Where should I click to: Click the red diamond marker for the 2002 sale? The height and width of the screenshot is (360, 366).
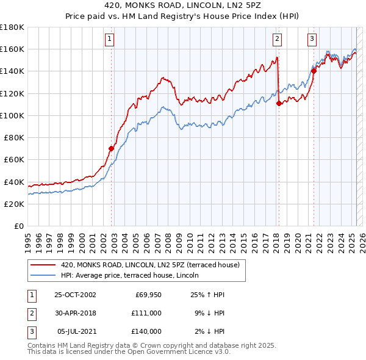[112, 148]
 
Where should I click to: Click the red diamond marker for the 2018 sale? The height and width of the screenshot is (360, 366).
[279, 103]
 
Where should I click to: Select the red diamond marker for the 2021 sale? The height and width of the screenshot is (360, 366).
[314, 71]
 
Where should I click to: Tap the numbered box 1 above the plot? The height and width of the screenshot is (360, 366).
[109, 39]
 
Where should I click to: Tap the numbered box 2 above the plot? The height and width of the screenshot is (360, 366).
[277, 39]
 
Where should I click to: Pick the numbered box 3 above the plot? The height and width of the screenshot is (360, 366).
[312, 39]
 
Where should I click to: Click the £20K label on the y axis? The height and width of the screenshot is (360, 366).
[14, 204]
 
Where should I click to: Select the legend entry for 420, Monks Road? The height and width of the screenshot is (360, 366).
[153, 265]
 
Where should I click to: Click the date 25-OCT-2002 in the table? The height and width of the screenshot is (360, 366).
[75, 295]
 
